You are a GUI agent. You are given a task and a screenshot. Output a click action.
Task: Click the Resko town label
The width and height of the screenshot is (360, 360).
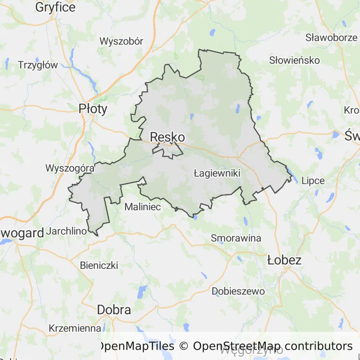point(167,137)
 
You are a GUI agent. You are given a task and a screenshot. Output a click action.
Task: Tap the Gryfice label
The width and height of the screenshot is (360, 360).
point(55,7)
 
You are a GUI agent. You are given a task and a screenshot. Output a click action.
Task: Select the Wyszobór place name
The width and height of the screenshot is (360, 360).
point(121,41)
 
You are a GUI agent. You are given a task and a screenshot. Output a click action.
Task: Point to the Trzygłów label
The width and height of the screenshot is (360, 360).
point(37,65)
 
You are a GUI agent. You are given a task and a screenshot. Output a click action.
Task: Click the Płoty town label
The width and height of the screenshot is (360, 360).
point(93,109)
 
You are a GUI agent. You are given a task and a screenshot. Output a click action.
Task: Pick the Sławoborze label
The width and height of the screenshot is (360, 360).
point(331,37)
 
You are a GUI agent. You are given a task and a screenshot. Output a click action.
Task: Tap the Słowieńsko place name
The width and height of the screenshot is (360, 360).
point(294,60)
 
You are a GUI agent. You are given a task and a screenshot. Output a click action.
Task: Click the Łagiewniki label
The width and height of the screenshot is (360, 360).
point(217,173)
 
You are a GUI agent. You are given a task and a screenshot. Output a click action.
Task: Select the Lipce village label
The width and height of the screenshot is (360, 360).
point(313,180)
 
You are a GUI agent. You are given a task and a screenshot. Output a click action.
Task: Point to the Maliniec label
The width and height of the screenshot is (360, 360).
point(143,206)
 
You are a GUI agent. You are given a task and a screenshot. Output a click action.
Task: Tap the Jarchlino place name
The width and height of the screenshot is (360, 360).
point(67,231)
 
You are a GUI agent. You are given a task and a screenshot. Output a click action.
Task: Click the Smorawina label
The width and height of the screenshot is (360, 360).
point(236,238)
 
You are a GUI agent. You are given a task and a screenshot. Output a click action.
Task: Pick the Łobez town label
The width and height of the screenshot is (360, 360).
point(284,260)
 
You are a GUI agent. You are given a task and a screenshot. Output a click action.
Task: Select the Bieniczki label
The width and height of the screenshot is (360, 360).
point(99,265)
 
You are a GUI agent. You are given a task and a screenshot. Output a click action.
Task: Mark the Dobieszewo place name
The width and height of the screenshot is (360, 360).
point(238,291)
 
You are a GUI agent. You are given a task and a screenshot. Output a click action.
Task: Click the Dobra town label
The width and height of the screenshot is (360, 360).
point(114,309)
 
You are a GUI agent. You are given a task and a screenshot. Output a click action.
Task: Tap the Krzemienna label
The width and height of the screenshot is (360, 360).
point(75,328)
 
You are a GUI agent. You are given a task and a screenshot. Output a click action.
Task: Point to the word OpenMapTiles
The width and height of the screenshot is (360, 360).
point(136,346)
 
